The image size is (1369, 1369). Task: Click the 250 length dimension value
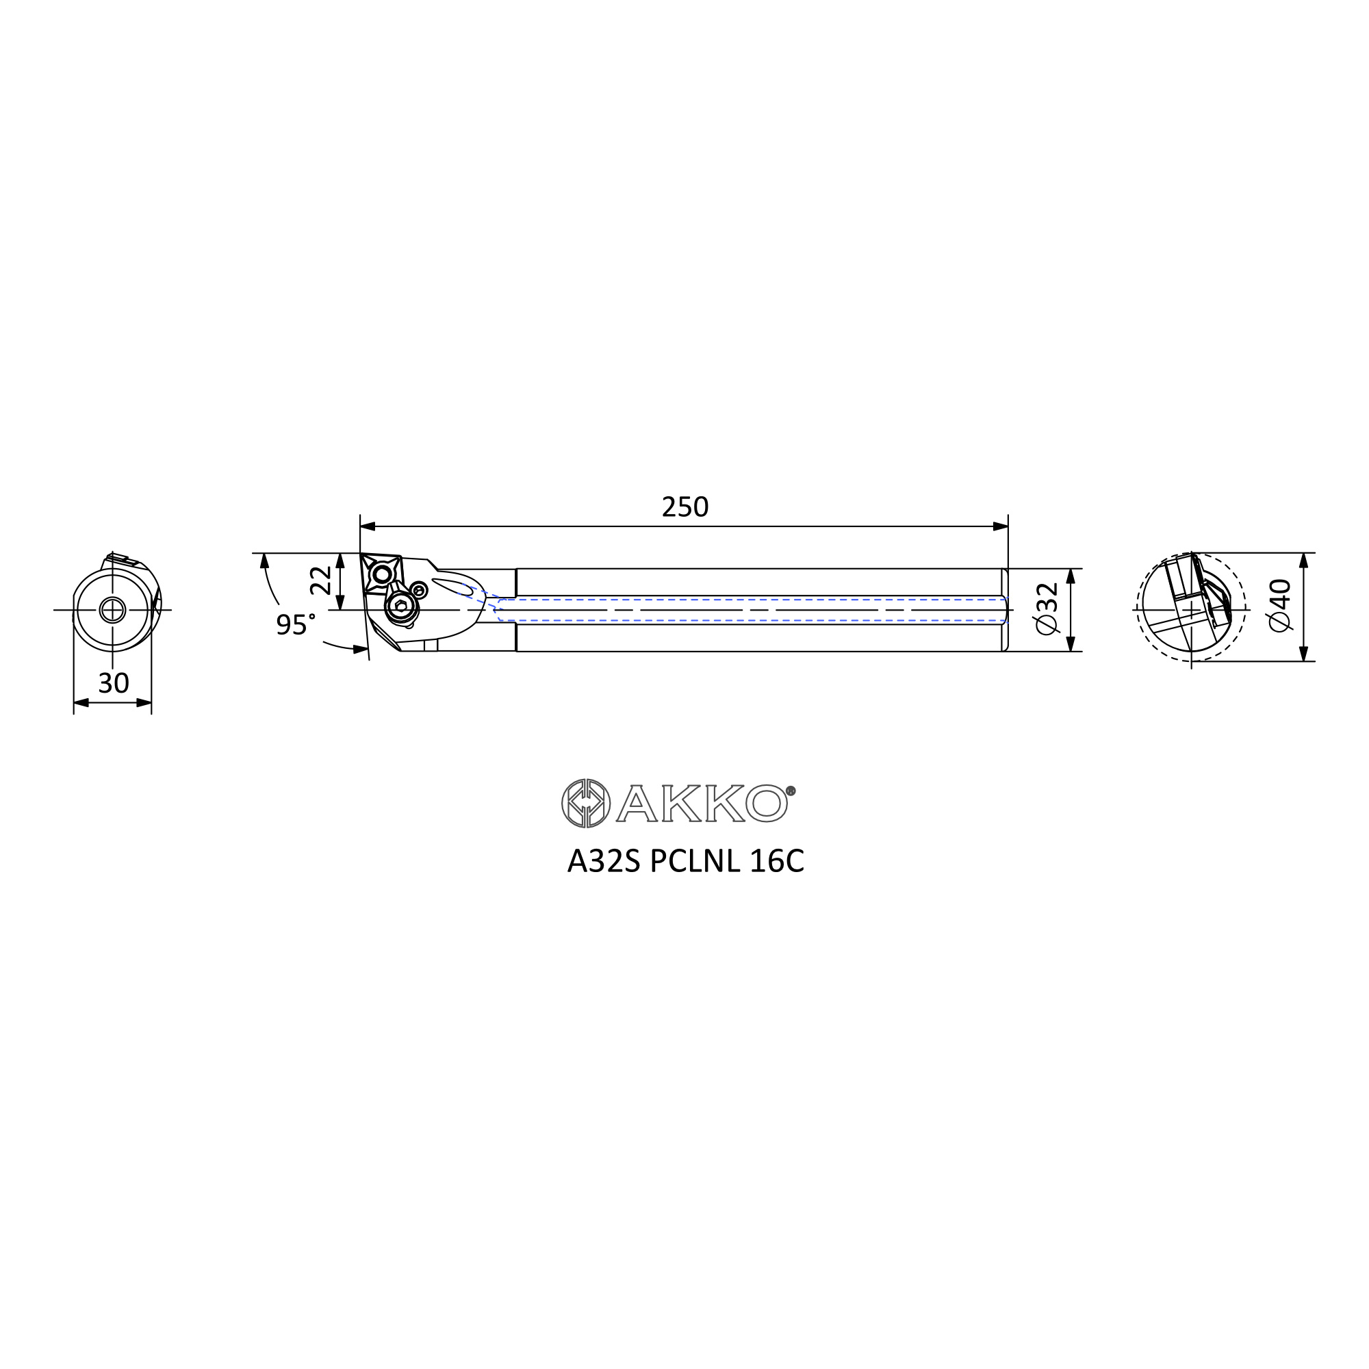[684, 507]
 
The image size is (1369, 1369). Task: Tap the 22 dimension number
[321, 580]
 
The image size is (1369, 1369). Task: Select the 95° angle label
[296, 624]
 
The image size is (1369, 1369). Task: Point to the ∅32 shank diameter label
[1047, 609]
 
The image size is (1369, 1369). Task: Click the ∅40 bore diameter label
[1280, 605]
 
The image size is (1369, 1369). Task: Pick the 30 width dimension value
[114, 683]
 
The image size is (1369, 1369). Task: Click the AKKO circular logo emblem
[585, 803]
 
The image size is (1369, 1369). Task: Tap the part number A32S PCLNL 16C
[685, 862]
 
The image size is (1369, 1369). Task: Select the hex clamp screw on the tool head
[401, 606]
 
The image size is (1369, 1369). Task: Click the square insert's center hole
[382, 574]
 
